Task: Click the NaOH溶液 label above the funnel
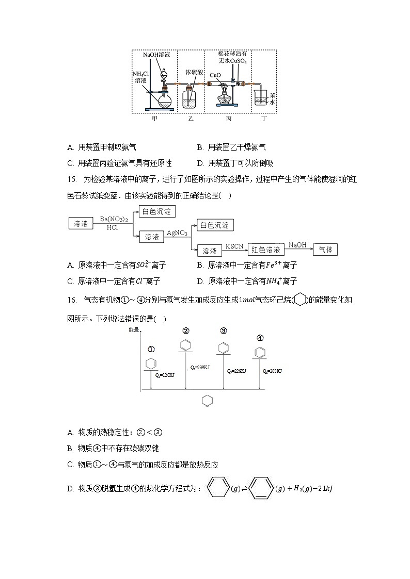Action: (157, 54)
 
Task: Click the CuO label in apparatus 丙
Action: (215, 75)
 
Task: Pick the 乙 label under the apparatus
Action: (191, 119)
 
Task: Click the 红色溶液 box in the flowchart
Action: (266, 250)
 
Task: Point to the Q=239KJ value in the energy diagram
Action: (199, 367)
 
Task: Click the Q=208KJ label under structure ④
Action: (273, 371)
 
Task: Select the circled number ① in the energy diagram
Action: (150, 349)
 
